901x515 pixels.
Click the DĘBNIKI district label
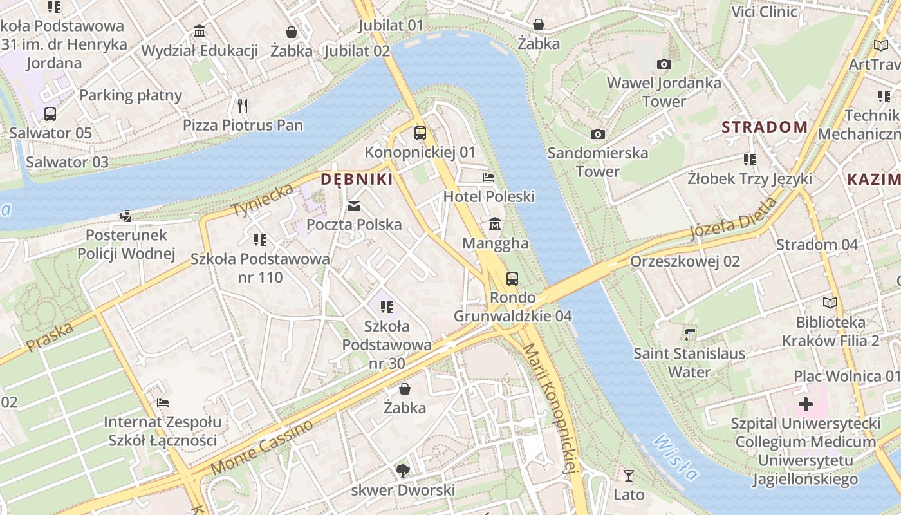pyautogui.click(x=357, y=180)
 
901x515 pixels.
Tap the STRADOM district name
pyautogui.click(x=764, y=127)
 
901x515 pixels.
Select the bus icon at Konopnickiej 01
pyautogui.click(x=420, y=133)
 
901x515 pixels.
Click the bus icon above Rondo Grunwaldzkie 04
pyautogui.click(x=512, y=278)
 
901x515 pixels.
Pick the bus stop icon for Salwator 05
pyautogui.click(x=50, y=114)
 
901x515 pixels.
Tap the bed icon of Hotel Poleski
pyautogui.click(x=488, y=177)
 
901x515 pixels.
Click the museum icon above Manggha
pyautogui.click(x=495, y=224)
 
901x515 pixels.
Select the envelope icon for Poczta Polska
pyautogui.click(x=354, y=206)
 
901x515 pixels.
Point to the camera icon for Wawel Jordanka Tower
pyautogui.click(x=664, y=64)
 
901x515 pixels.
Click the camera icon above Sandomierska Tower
pyautogui.click(x=598, y=134)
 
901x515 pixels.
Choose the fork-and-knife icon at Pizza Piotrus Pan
pyautogui.click(x=243, y=106)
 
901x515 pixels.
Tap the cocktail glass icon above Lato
pyautogui.click(x=629, y=476)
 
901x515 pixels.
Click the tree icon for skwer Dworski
pyautogui.click(x=403, y=471)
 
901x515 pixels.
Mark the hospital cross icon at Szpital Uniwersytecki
pyautogui.click(x=805, y=404)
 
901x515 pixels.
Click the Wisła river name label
pyautogui.click(x=675, y=458)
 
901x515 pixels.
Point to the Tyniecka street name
pyautogui.click(x=263, y=200)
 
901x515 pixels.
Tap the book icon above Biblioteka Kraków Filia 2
pyautogui.click(x=830, y=303)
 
